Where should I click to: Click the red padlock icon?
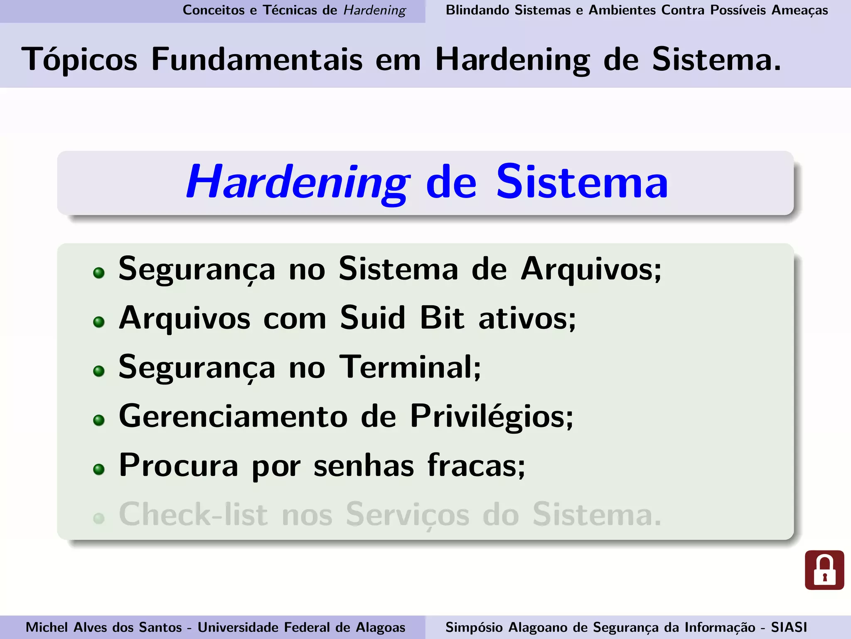pyautogui.click(x=824, y=570)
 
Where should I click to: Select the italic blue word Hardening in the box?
pyautogui.click(x=298, y=182)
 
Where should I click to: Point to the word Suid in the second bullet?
pyautogui.click(x=372, y=318)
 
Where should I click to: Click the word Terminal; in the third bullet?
pyautogui.click(x=410, y=367)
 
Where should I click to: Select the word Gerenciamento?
pyautogui.click(x=233, y=416)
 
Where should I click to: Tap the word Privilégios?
pyautogui.click(x=492, y=416)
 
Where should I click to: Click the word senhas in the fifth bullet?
pyautogui.click(x=364, y=466)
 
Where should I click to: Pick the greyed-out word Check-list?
pyautogui.click(x=193, y=515)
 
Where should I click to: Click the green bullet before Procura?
pyautogui.click(x=99, y=470)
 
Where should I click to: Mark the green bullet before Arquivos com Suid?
pyautogui.click(x=99, y=322)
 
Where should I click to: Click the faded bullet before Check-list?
pyautogui.click(x=99, y=518)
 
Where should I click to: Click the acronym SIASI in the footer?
pyautogui.click(x=789, y=627)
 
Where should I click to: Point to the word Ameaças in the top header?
pyautogui.click(x=799, y=10)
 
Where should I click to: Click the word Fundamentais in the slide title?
pyautogui.click(x=257, y=59)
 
